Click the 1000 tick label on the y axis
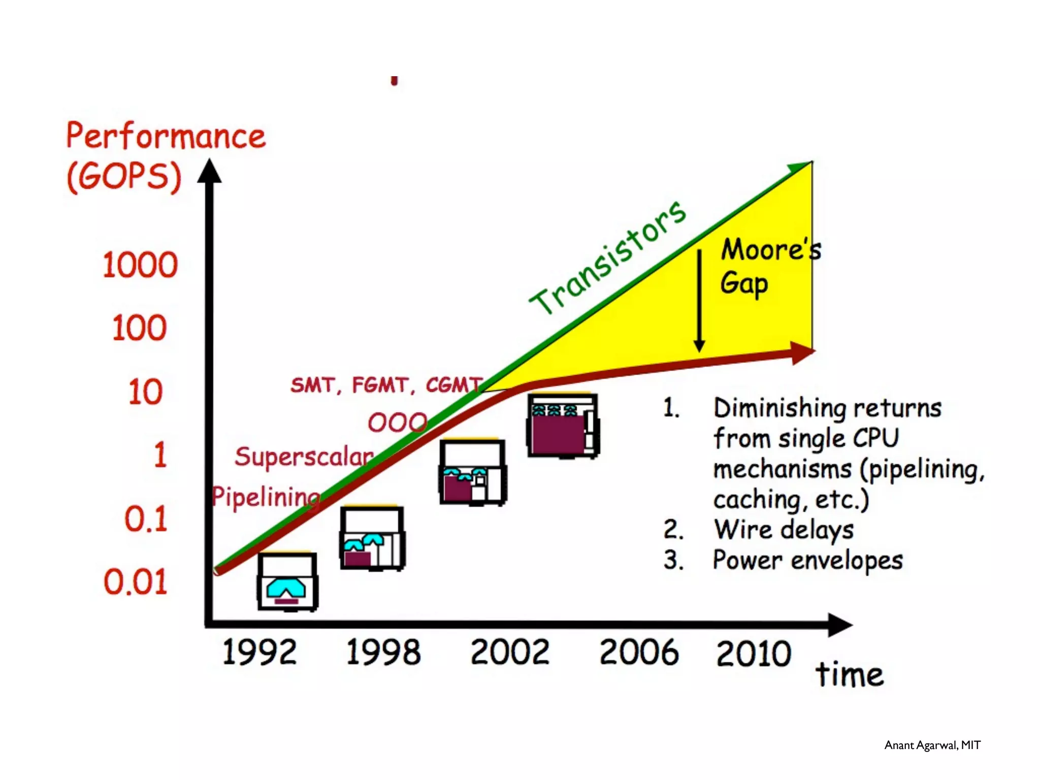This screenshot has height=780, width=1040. pos(140,265)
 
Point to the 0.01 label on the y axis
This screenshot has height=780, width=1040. pos(136,582)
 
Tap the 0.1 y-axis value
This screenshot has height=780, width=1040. pos(146,519)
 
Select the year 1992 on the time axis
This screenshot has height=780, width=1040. pos(259,652)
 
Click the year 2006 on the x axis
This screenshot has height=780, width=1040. pos(639,652)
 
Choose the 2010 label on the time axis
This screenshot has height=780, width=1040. pos(754,653)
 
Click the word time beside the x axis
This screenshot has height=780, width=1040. pos(850,675)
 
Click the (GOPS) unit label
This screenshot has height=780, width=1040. pos(124,177)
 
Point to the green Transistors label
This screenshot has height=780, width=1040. pos(607,257)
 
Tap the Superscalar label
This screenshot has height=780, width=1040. pos(304,457)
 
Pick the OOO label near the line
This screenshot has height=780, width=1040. pos(397,422)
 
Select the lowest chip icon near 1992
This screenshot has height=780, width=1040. pos(287,581)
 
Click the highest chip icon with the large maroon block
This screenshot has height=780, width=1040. pos(563,426)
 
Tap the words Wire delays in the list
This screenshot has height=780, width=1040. pos(784,530)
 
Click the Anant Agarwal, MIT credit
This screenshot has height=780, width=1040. pos(932,745)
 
